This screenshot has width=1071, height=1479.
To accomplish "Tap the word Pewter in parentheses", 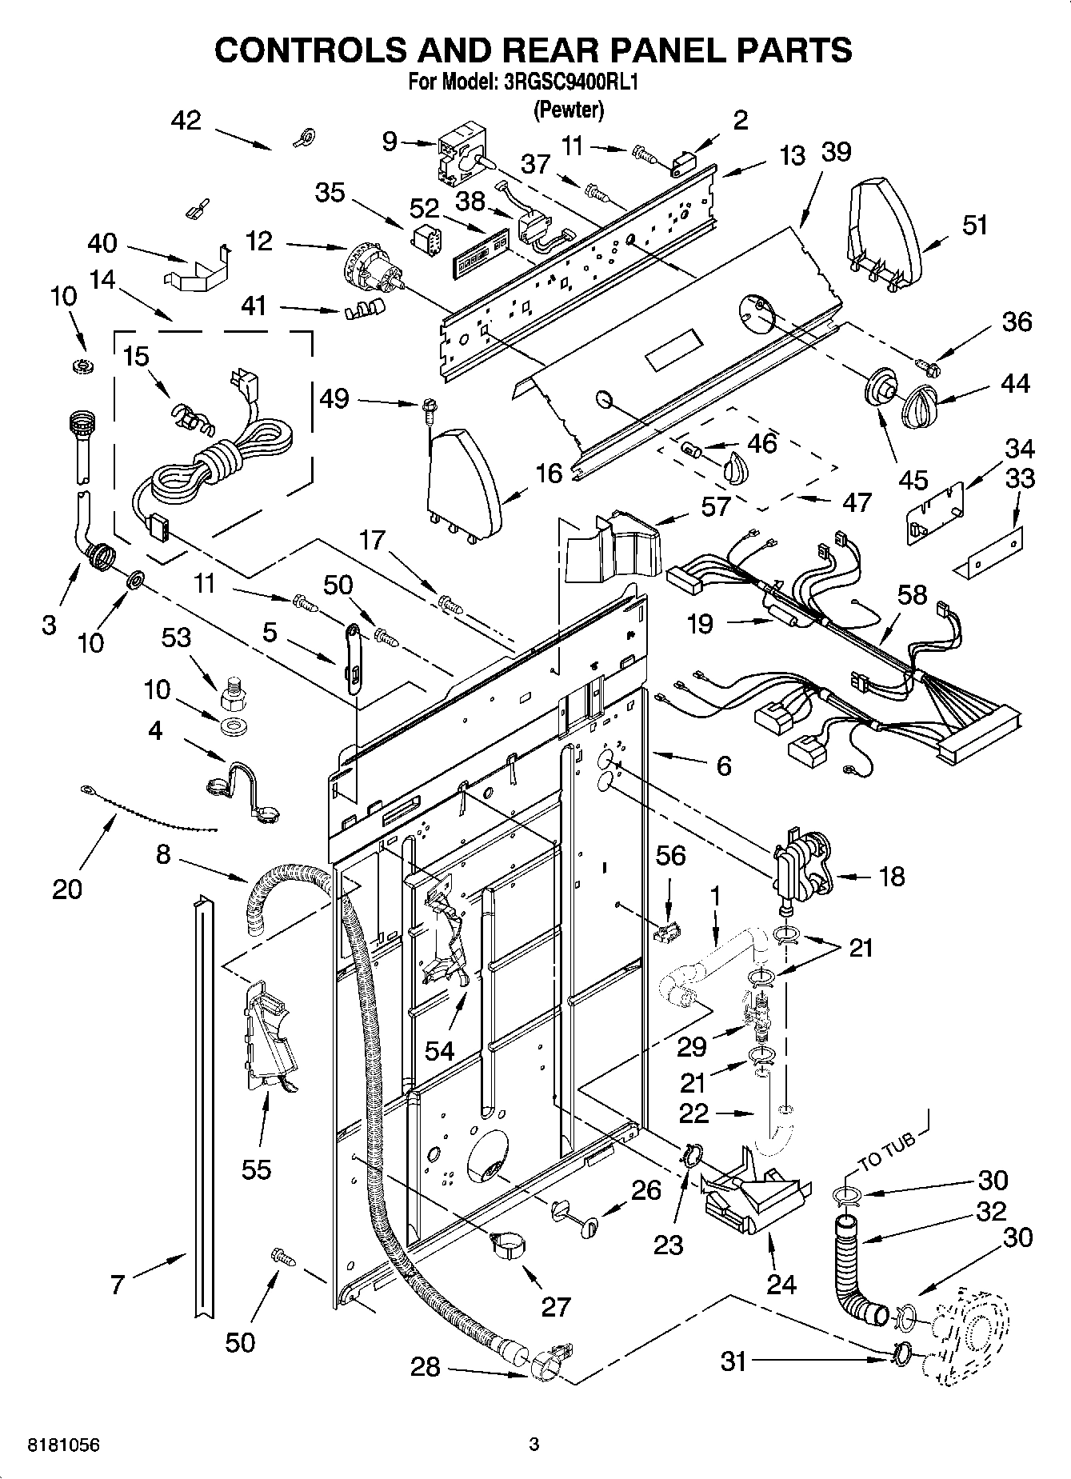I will click(x=569, y=110).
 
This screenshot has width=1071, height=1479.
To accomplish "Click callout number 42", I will click(x=186, y=121).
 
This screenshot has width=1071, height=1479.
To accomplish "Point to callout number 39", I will click(x=836, y=152).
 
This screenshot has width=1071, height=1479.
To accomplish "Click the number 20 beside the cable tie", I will click(x=67, y=888).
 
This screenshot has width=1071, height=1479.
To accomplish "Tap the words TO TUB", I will click(x=886, y=1150).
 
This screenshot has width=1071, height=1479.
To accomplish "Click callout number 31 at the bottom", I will click(x=733, y=1361).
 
